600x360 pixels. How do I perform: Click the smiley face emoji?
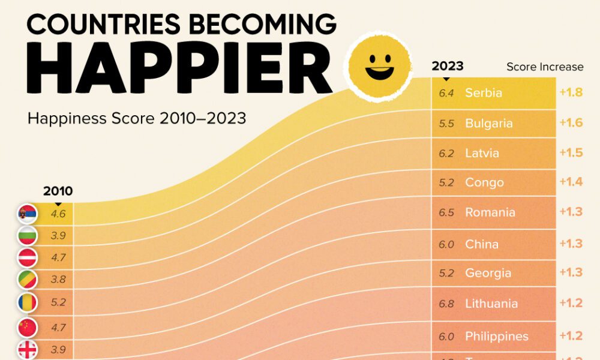pos(379,65)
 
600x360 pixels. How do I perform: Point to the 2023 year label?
pos(448,67)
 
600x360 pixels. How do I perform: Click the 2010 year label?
pos(58,191)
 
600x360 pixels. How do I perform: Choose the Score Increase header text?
pos(544,67)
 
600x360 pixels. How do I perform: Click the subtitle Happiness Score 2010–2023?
pos(137,118)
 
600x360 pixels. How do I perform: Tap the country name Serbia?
pos(483,93)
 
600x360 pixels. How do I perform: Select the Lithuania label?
pos(491,304)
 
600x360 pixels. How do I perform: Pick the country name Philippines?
pos(496,336)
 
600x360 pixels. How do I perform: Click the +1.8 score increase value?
pos(571,93)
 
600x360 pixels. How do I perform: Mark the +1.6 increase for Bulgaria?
pos(571,123)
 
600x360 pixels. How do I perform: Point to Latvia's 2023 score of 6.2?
pos(446,153)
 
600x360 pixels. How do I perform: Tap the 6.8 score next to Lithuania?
pos(446,304)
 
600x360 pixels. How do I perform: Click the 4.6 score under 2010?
pos(58,212)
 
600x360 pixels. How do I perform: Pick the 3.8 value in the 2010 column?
pos(58,279)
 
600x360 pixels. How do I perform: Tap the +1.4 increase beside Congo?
pos(571,182)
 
